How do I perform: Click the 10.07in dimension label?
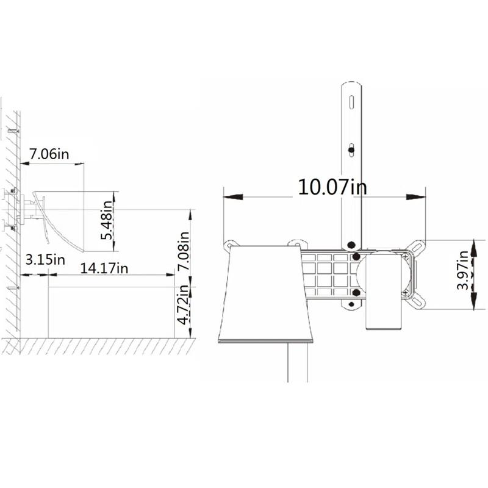tap(332, 187)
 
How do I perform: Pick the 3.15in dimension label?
tap(45, 259)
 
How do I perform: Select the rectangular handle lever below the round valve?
tap(382, 311)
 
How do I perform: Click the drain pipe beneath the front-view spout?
tap(296, 363)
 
